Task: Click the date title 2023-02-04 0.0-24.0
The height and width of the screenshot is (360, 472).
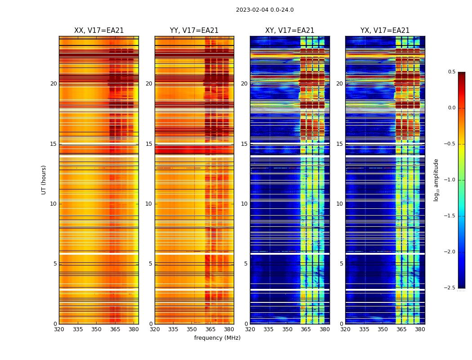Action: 265,10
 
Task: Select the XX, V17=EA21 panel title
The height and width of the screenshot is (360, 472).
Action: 99,31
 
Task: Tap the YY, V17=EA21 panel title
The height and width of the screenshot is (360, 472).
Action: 194,31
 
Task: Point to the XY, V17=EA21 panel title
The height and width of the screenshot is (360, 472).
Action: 289,31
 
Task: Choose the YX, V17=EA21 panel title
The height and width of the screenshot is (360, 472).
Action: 385,31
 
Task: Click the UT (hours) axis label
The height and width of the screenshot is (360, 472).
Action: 44,180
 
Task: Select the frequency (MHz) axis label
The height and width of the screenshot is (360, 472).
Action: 217,338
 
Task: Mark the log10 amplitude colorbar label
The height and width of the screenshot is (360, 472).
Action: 436,180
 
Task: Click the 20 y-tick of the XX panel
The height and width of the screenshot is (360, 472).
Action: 53,84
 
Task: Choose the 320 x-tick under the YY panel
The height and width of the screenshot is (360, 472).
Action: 155,329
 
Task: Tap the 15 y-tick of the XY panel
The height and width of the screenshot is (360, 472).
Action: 244,144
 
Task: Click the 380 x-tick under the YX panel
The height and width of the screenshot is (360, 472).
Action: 420,329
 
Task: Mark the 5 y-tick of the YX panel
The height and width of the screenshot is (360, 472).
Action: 341,264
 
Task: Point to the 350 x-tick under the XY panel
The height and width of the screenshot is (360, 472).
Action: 287,329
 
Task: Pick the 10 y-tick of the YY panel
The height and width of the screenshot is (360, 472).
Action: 149,204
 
